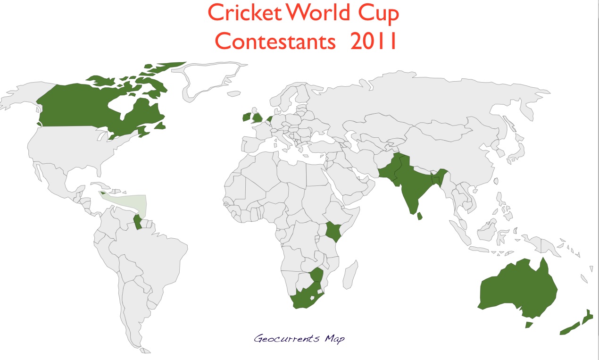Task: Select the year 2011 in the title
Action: point(373,42)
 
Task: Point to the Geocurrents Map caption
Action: point(299,338)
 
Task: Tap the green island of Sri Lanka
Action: point(420,217)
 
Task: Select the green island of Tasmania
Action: point(529,325)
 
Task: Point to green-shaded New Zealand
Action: point(573,326)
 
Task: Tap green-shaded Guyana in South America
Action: point(138,221)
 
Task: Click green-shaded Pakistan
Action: point(390,170)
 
